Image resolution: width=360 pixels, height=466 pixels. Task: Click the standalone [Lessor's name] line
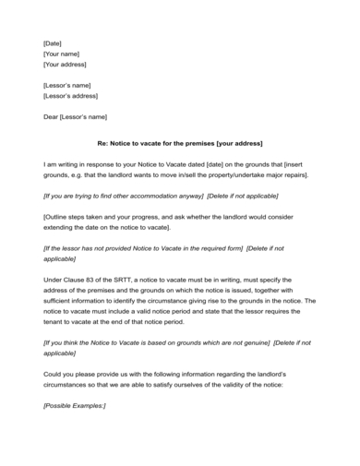[67, 85]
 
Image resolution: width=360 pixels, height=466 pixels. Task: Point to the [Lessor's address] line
[71, 96]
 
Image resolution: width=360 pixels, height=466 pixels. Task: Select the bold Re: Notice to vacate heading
[180, 143]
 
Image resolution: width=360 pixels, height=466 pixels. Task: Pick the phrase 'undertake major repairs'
[269, 174]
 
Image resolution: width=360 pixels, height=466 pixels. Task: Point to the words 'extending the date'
[73, 227]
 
